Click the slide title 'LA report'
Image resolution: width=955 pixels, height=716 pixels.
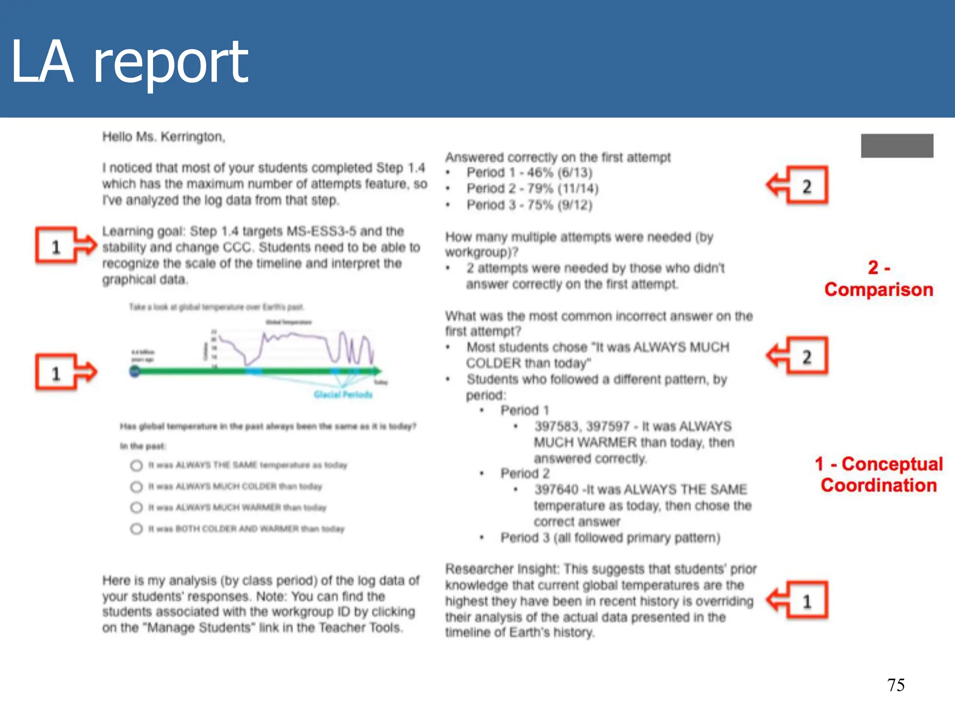[129, 62]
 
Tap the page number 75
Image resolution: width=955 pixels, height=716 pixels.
[895, 685]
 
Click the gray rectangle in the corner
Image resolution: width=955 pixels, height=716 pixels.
[897, 146]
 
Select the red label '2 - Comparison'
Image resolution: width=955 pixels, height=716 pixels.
[879, 279]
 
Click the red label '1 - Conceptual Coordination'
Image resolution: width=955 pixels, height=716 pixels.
[879, 475]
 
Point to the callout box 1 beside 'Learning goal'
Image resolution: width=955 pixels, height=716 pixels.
[56, 246]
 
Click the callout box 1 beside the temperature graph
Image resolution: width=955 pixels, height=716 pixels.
[56, 372]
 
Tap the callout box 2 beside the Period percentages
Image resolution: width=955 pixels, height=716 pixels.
[807, 186]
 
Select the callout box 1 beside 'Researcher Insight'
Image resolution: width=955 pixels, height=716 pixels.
[807, 600]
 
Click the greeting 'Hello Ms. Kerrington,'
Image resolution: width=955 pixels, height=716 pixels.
[164, 137]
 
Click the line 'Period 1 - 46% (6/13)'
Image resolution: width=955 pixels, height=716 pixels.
[529, 172]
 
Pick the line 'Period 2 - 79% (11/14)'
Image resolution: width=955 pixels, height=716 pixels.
[532, 188]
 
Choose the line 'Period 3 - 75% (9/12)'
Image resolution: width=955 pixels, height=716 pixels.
[529, 205]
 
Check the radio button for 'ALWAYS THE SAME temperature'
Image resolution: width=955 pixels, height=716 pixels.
[136, 465]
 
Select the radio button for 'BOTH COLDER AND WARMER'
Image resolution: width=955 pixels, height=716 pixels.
[136, 529]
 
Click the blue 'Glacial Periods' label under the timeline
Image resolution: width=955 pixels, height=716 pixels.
[343, 394]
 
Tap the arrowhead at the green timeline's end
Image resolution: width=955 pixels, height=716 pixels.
[378, 371]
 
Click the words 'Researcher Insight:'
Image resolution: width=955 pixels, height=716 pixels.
[501, 569]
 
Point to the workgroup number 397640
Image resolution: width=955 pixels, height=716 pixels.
[556, 489]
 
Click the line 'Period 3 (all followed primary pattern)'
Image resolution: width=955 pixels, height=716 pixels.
[610, 538]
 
